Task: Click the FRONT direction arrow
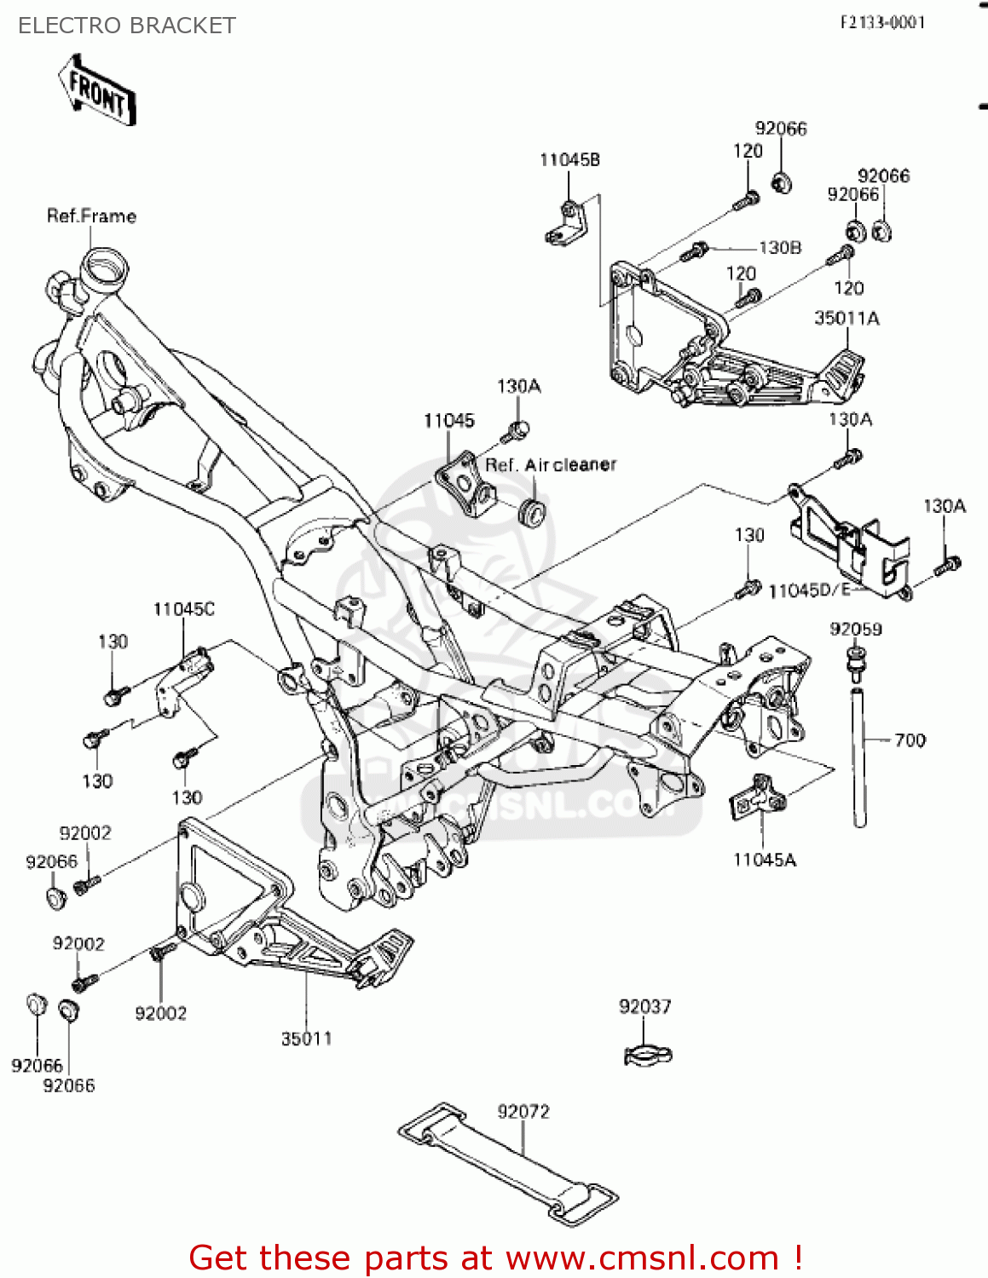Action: [x=96, y=91]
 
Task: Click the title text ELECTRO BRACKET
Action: [x=126, y=26]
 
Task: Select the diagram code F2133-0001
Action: [x=882, y=22]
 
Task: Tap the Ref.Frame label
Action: [x=91, y=216]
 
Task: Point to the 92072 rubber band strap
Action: [x=509, y=1164]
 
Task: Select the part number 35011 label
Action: [x=306, y=1039]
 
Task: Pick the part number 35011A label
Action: [x=846, y=319]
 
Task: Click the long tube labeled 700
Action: [x=860, y=754]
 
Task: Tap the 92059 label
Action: [x=856, y=630]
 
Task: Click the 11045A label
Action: [x=765, y=861]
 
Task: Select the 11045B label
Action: [x=569, y=160]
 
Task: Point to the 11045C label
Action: [x=184, y=609]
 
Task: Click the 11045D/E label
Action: [x=809, y=590]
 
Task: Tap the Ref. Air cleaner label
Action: [x=551, y=465]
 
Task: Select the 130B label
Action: [x=780, y=248]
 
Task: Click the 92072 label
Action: [x=523, y=1112]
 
